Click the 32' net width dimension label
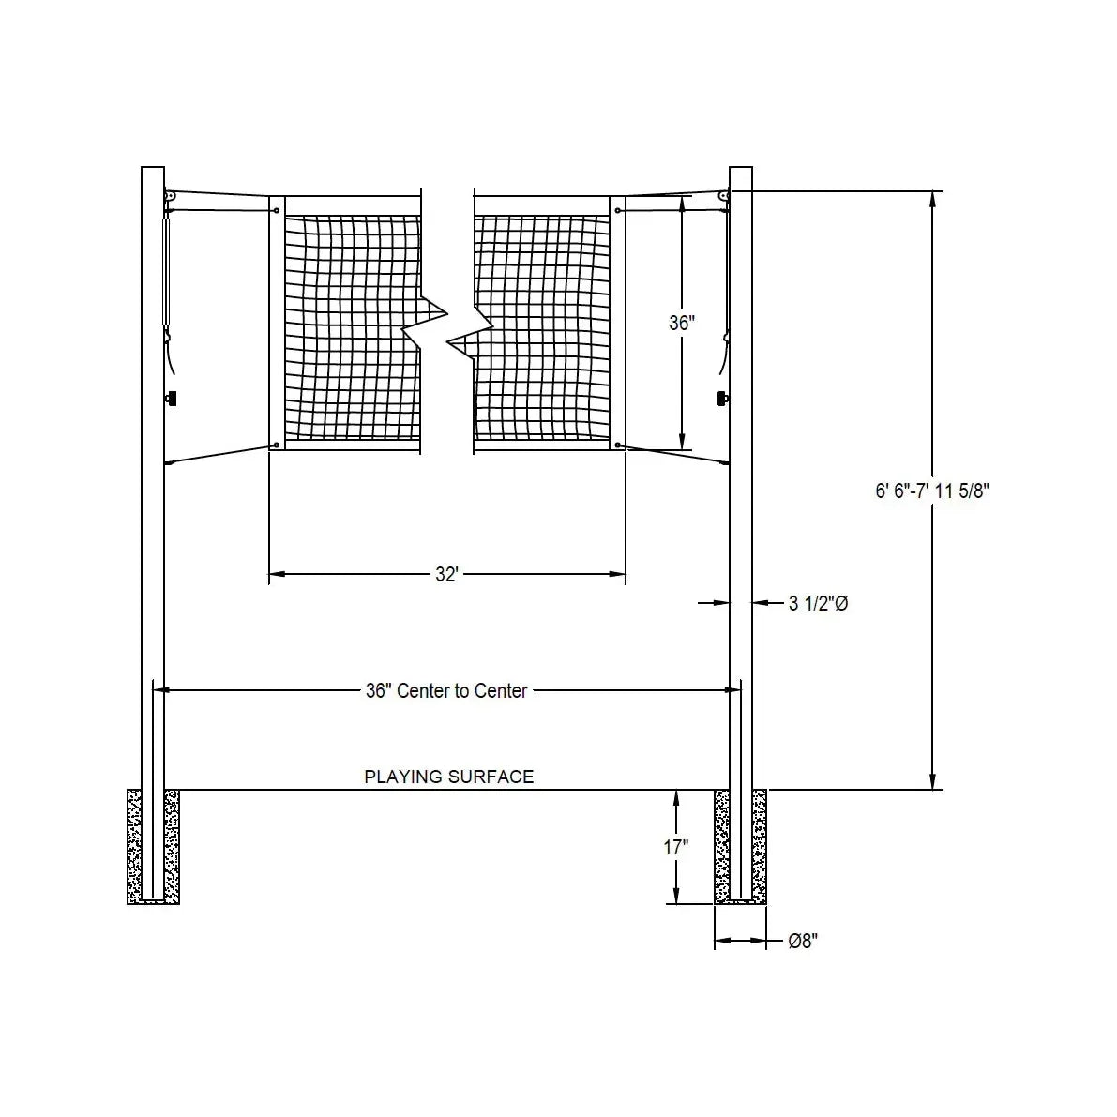point(445,574)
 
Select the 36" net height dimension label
point(682,323)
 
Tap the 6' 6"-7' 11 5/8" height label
point(932,491)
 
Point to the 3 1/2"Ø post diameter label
point(818,604)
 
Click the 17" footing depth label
point(675,847)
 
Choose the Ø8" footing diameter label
point(803,941)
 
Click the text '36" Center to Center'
point(446,691)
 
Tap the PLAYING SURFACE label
point(448,777)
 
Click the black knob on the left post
point(172,400)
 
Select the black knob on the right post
point(722,400)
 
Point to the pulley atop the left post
point(171,195)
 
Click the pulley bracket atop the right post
point(723,195)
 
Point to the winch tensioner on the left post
point(168,272)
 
